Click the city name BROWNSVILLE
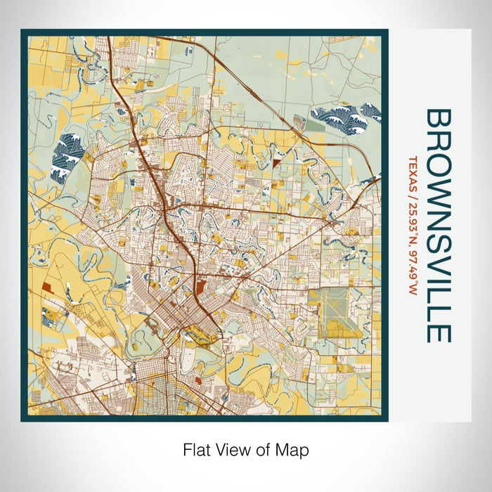pyautogui.click(x=438, y=225)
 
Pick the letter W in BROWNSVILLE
pyautogui.click(x=438, y=188)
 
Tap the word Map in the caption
pyautogui.click(x=294, y=448)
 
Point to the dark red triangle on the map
pyautogui.click(x=276, y=162)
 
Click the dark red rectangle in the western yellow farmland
pyautogui.click(x=46, y=287)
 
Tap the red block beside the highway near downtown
pyautogui.click(x=201, y=286)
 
